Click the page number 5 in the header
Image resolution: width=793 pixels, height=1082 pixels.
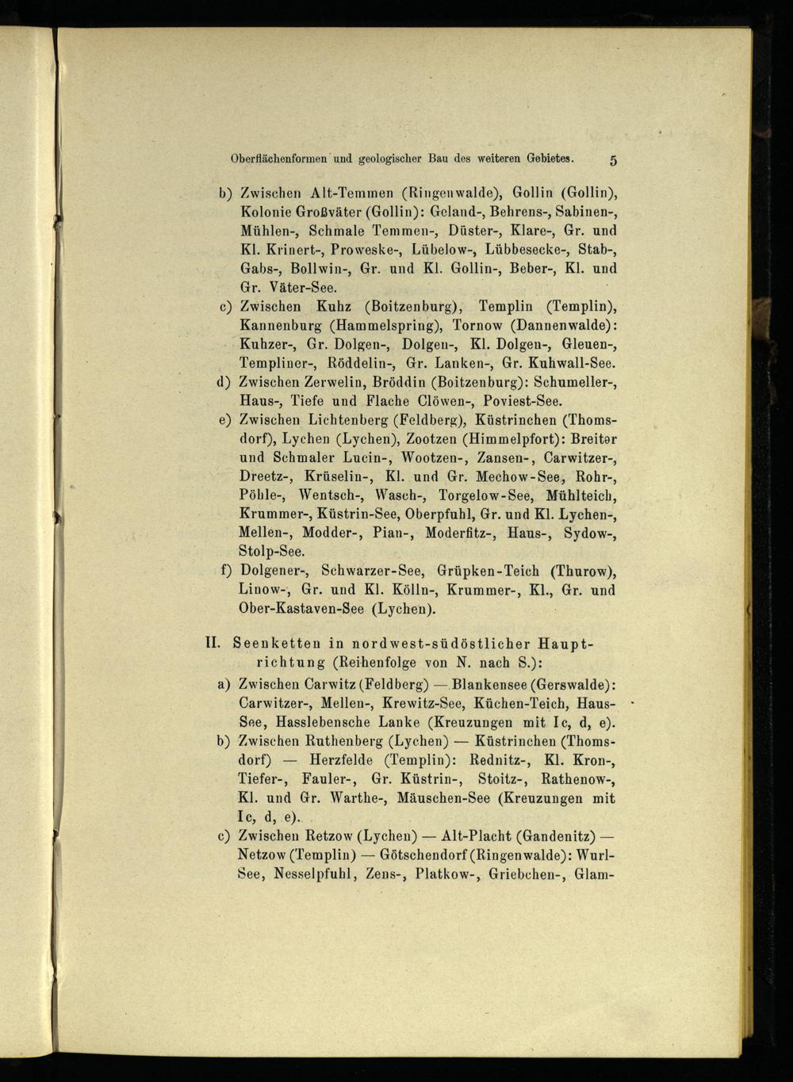[613, 159]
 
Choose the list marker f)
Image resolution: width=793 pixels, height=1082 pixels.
[225, 571]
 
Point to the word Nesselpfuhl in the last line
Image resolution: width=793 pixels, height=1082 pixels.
[314, 875]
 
